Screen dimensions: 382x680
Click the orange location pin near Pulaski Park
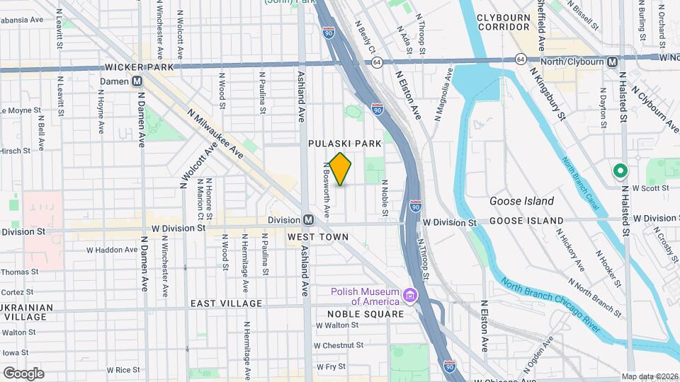tap(340, 168)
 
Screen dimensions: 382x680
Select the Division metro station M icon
tap(308, 220)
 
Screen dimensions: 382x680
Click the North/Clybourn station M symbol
tap(611, 62)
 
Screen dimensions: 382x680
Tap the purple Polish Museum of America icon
tap(409, 294)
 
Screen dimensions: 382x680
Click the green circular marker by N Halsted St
tap(620, 170)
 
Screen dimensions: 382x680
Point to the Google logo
tap(23, 373)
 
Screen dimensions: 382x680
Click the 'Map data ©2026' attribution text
tap(650, 376)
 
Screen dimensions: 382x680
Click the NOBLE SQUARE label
tap(365, 313)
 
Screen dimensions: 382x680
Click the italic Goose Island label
tap(521, 201)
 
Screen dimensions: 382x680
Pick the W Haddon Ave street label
tap(112, 250)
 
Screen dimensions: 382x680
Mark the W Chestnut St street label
tap(339, 345)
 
